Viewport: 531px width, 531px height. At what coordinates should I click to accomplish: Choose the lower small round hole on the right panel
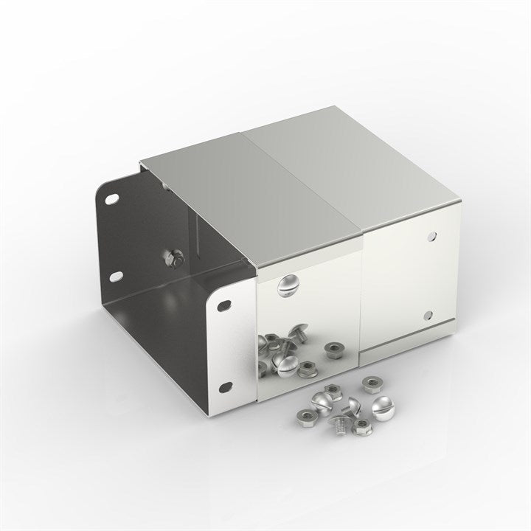point(427,316)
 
